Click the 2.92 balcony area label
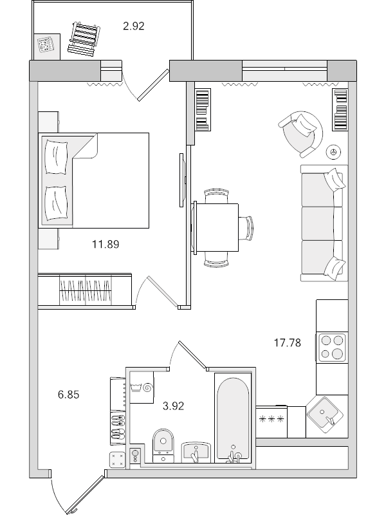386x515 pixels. point(133,26)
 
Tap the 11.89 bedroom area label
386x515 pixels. point(106,244)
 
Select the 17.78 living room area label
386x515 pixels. point(287,342)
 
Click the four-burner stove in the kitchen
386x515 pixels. point(331,347)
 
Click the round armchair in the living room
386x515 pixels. point(299,133)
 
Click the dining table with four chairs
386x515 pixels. point(217,227)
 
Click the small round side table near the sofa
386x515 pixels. point(333,151)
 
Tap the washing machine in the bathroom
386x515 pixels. point(142,387)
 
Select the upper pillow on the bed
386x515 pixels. point(56,156)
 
